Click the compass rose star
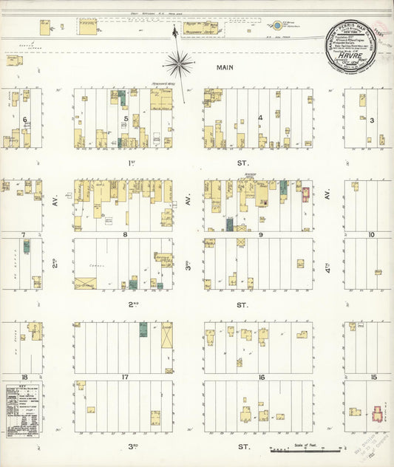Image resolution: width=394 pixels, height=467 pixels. (x=180, y=64)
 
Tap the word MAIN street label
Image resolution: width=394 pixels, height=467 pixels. (x=225, y=67)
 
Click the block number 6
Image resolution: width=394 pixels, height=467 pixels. (x=24, y=119)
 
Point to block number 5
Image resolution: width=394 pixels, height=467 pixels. (x=126, y=118)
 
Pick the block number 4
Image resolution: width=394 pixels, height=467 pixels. (x=260, y=118)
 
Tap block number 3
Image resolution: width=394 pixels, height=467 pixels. (x=372, y=120)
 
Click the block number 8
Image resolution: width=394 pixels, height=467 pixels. (x=126, y=236)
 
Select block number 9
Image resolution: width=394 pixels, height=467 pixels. (x=260, y=236)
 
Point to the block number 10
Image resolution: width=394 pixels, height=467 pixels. (x=371, y=236)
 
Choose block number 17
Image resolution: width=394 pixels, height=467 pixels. (x=126, y=378)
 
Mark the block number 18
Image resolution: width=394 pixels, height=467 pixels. (x=24, y=378)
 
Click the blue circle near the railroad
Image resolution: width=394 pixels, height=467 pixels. (x=276, y=25)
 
